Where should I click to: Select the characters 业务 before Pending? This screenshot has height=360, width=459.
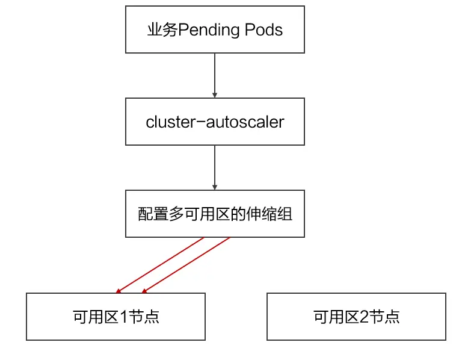coord(162,30)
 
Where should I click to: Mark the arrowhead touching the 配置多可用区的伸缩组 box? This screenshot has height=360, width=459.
coord(215,187)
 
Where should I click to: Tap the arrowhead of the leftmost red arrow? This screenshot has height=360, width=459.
coord(119,291)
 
